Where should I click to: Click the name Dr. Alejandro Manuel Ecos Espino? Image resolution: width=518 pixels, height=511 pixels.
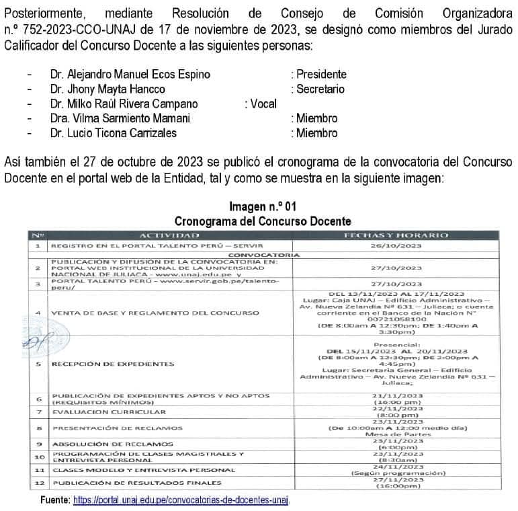coord(130,75)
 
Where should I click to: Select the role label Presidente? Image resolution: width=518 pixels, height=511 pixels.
coord(318,75)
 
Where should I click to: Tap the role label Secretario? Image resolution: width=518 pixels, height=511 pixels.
coord(318,89)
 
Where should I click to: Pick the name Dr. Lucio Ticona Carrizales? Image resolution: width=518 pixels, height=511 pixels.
coord(113,134)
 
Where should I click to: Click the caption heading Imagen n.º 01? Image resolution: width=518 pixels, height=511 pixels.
coord(262,206)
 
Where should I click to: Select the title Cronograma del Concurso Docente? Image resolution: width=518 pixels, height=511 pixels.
coord(262,221)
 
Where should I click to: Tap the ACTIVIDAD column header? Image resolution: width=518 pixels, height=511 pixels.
coord(169,235)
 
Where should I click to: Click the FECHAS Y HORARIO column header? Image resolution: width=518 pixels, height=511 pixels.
coord(395,235)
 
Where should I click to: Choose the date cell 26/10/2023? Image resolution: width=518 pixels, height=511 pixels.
coord(395,246)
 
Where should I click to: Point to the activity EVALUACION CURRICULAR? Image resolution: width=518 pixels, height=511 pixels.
coord(109,411)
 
